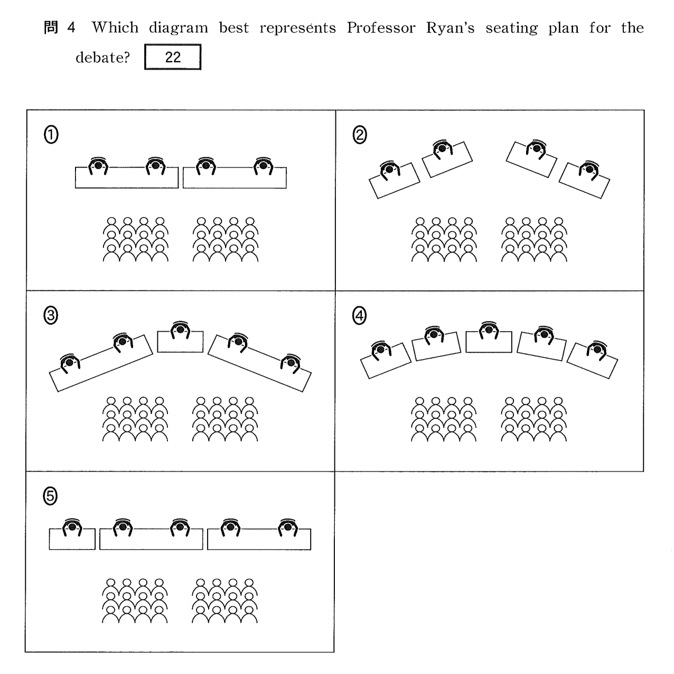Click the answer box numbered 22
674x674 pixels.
coord(173,58)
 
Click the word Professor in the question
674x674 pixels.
coord(381,28)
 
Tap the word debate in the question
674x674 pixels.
coord(102,58)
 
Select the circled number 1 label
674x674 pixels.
coord(51,136)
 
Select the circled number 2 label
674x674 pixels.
coord(359,136)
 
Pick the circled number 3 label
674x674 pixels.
coord(51,316)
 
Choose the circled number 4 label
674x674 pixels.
coord(359,316)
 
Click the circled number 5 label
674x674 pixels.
coord(51,496)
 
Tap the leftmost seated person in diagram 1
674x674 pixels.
coord(98,166)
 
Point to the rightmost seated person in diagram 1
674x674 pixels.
coord(263,166)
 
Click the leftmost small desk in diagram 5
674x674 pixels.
coord(72,539)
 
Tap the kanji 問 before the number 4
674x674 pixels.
coord(51,28)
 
